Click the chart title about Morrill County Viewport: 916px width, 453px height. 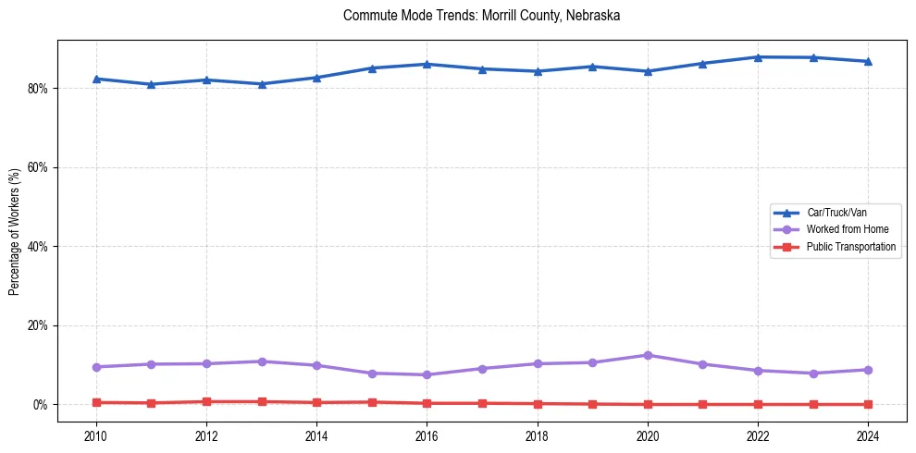coord(481,16)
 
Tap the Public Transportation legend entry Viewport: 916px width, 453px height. coord(850,247)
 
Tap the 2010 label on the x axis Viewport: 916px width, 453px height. coord(96,435)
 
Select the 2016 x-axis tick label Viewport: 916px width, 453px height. coord(427,435)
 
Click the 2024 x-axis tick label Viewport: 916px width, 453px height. coord(868,435)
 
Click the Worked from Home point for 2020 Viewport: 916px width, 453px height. coord(648,355)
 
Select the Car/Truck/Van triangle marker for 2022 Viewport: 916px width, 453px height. coord(758,57)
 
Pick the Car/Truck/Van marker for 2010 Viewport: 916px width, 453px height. coord(96,79)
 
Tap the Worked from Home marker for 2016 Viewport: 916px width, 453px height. coord(427,374)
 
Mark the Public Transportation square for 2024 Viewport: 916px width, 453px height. coord(868,404)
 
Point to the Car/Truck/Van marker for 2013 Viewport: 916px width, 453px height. coord(262,84)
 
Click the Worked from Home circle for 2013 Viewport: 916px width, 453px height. coord(262,361)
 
